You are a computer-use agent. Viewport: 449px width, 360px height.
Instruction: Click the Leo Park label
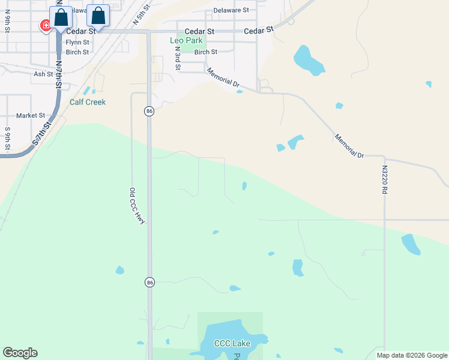187,41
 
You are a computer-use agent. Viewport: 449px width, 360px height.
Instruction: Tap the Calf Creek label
88,102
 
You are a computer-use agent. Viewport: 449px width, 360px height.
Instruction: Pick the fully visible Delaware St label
231,10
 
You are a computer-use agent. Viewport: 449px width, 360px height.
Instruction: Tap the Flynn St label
77,43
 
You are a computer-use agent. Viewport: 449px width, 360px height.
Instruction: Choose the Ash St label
43,74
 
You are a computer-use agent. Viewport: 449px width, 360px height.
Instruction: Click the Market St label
31,115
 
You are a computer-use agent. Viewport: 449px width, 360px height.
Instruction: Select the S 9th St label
8,138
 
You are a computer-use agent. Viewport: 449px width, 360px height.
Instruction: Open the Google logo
20,353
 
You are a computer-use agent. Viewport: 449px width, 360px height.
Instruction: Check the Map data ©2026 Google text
412,355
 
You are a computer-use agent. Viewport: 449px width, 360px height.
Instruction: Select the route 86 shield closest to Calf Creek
149,111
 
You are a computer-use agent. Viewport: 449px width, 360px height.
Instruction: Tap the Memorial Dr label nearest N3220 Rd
349,146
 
